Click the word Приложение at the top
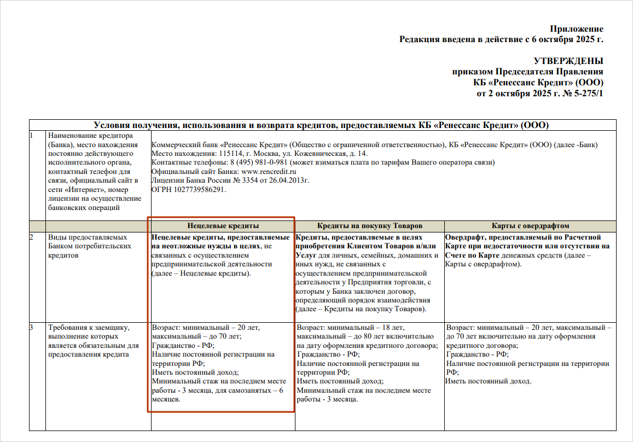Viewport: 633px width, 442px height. point(576,29)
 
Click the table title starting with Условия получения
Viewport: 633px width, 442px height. point(321,125)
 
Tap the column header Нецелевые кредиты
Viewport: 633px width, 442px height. point(223,225)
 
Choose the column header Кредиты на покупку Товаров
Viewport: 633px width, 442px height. point(370,225)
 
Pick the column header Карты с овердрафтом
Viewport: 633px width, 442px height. point(530,225)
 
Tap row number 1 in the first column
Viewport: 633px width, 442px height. point(32,135)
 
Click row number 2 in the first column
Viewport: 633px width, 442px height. point(32,237)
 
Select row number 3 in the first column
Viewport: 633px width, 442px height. point(32,328)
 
